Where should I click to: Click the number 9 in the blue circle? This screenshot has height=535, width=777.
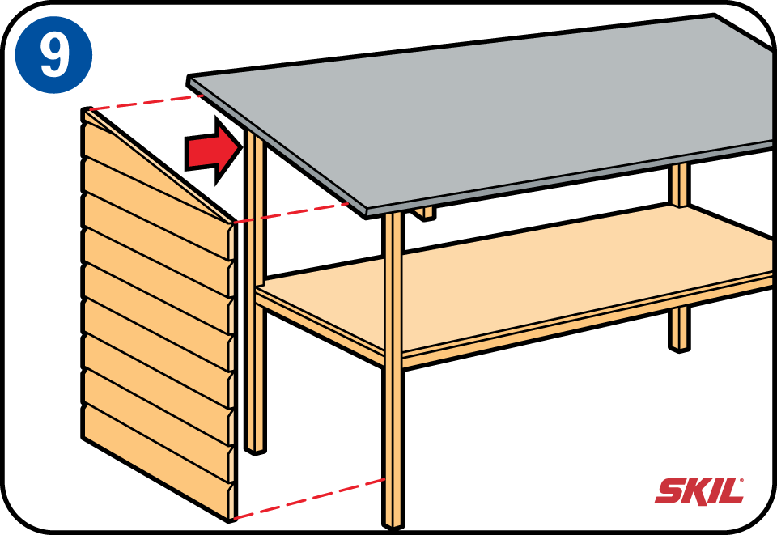click(x=53, y=54)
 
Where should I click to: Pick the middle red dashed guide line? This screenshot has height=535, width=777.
click(x=291, y=212)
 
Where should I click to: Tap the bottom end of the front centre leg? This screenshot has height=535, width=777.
click(x=393, y=522)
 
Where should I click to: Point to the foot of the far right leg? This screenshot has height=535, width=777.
click(x=680, y=344)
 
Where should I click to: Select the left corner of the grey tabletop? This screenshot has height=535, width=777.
click(x=191, y=79)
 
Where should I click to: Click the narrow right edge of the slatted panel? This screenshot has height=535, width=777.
click(x=233, y=372)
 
